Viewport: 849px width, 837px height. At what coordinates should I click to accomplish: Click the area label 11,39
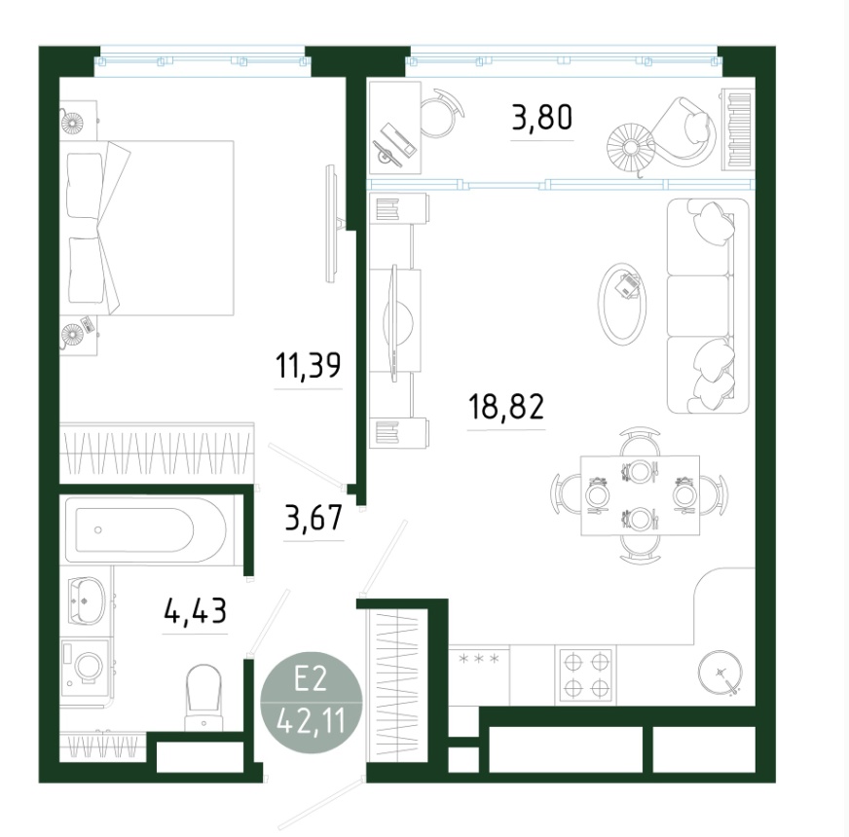pyautogui.click(x=308, y=365)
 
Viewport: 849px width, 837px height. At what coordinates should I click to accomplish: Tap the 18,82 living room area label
pyautogui.click(x=505, y=407)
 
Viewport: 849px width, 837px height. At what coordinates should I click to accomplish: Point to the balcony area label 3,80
pyautogui.click(x=542, y=118)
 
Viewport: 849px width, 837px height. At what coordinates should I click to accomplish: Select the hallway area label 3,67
pyautogui.click(x=314, y=518)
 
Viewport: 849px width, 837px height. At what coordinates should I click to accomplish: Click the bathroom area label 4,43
pyautogui.click(x=195, y=611)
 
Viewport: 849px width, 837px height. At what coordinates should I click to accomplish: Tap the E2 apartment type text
pyautogui.click(x=311, y=678)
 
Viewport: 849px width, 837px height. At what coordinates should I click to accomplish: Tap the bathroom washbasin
pyautogui.click(x=87, y=600)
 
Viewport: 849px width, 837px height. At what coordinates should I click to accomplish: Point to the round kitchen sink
pyautogui.click(x=720, y=672)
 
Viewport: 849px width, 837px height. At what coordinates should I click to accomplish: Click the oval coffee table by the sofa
pyautogui.click(x=623, y=304)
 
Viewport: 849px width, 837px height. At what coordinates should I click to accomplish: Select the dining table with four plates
pyautogui.click(x=640, y=495)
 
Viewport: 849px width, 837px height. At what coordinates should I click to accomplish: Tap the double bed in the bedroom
pyautogui.click(x=149, y=228)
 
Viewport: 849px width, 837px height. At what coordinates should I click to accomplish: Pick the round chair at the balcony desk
pyautogui.click(x=441, y=113)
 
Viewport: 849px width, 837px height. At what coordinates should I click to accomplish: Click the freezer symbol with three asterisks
pyautogui.click(x=479, y=659)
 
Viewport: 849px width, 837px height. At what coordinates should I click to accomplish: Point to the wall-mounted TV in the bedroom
pyautogui.click(x=331, y=224)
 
